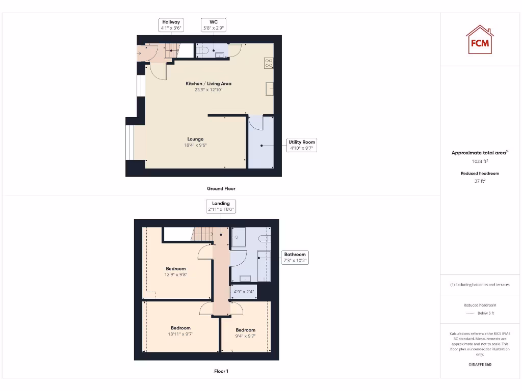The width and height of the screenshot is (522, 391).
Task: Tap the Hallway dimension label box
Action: coord(171,25)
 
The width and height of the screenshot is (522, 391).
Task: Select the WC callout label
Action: coord(214,25)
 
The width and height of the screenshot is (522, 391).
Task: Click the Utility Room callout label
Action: coord(302,145)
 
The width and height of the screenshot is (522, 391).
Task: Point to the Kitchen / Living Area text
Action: coord(209,83)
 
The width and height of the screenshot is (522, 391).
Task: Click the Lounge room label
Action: coord(195,139)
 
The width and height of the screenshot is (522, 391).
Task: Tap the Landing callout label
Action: coord(221,206)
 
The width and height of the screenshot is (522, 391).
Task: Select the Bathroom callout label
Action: coord(295,257)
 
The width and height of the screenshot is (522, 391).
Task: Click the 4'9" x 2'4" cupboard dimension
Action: coord(243,292)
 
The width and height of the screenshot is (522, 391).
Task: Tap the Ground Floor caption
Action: coord(221,188)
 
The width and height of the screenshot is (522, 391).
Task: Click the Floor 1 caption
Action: coord(221,371)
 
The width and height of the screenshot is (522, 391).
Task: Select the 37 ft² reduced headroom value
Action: coord(480,181)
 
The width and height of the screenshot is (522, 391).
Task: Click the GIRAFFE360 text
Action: coord(480,365)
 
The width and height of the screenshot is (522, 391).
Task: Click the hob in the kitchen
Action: coord(269,63)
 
